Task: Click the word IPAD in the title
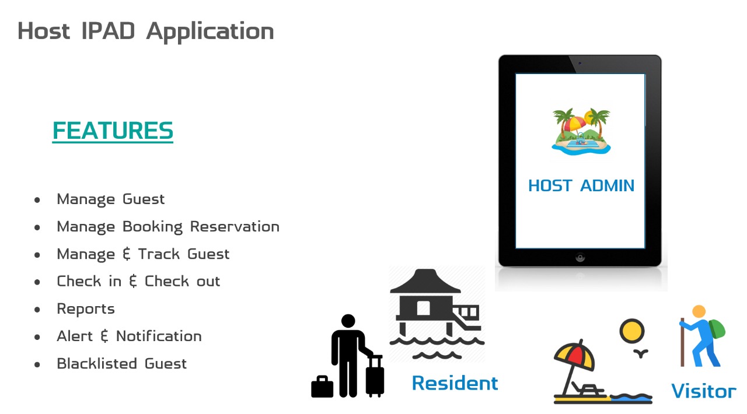coord(108,31)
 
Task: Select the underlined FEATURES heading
coord(113,131)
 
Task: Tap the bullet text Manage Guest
coord(111,199)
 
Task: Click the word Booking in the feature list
coord(153,227)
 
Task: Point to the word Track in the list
coord(159,254)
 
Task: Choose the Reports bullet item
coord(86,309)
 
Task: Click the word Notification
coord(159,336)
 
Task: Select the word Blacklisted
coord(97,363)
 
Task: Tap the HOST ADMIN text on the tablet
coord(581,185)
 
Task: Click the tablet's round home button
coord(580,257)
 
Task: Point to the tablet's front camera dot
coord(580,63)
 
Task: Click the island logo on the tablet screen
coord(581,131)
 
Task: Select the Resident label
coord(455,383)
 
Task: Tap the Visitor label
coord(704,391)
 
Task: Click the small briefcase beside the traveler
coord(322,387)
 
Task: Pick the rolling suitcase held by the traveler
coord(375,376)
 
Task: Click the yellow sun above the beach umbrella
coord(632,331)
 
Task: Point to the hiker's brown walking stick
coord(682,342)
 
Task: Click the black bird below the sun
coord(641,353)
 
